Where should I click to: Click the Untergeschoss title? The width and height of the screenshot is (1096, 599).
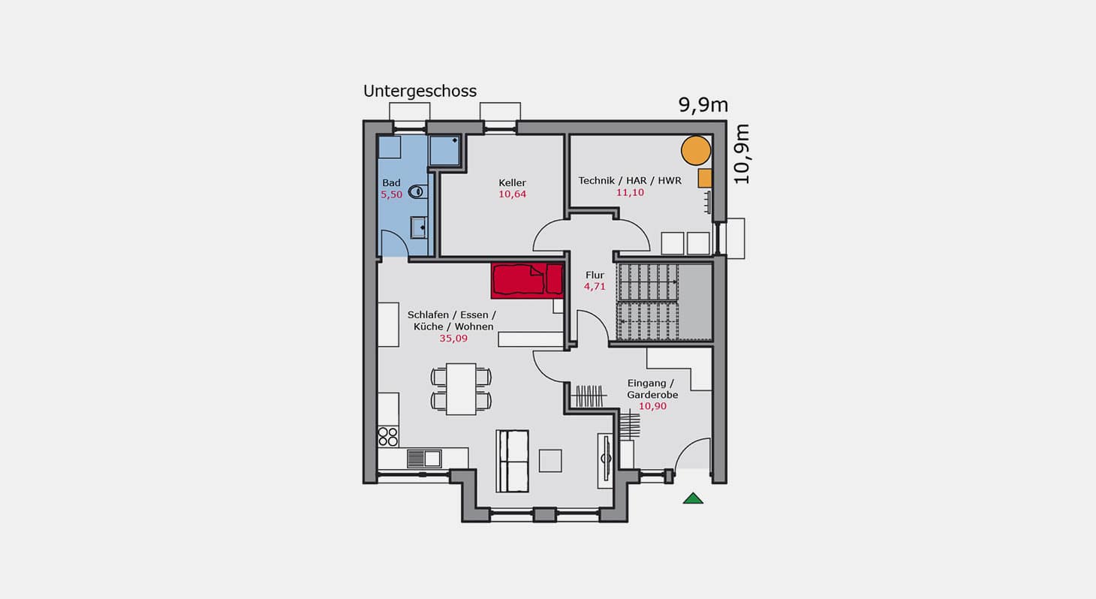(420, 92)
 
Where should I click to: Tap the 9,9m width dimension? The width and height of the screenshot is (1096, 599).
(703, 105)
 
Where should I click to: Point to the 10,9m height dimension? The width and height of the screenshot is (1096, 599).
(741, 154)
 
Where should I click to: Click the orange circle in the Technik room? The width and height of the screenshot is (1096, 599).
(696, 151)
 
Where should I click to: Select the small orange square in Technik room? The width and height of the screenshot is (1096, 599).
(705, 178)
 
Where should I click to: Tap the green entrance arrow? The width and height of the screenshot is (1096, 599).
(693, 498)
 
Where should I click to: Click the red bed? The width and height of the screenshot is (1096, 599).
(528, 281)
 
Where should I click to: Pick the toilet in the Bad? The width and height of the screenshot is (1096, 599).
(417, 191)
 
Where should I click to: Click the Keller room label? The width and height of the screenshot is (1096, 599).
(512, 182)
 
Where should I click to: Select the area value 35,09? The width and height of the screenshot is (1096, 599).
(453, 339)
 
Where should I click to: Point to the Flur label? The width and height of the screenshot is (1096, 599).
(595, 275)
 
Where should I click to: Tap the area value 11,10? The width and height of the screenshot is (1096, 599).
(630, 192)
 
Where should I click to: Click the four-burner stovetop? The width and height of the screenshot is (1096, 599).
(388, 437)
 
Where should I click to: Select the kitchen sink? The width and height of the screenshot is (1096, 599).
(423, 459)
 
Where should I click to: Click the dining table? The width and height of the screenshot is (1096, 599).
(461, 389)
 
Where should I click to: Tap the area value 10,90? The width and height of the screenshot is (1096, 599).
(652, 406)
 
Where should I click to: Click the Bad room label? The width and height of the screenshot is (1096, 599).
(391, 182)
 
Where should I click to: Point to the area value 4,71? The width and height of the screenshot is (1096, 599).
(595, 287)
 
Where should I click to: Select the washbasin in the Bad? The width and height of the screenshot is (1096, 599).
(418, 227)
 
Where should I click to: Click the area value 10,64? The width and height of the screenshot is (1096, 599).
(512, 194)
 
